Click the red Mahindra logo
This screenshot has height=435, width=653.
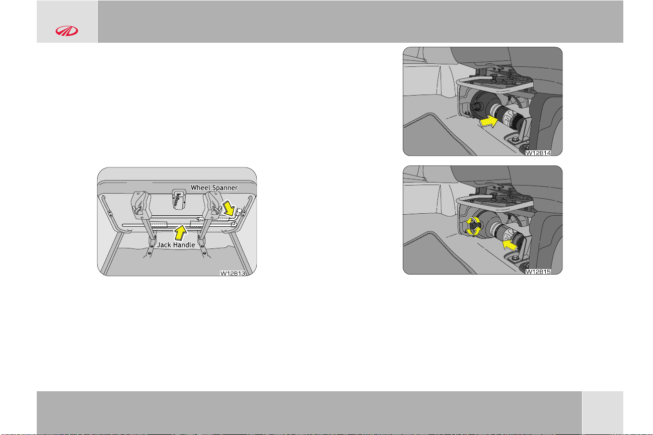click(67, 31)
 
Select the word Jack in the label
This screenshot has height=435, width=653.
click(164, 245)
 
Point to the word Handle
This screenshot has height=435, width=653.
click(184, 245)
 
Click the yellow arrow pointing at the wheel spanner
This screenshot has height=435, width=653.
click(229, 208)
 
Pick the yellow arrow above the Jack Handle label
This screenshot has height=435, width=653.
click(180, 233)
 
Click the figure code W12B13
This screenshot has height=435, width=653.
click(233, 273)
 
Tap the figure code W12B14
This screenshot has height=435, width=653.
click(538, 153)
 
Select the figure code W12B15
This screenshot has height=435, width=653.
click(538, 272)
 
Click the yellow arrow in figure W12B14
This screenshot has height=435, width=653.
click(488, 121)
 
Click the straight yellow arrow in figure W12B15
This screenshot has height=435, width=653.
click(510, 244)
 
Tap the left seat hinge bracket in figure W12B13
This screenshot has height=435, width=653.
click(141, 205)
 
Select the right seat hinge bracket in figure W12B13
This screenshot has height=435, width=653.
click(213, 205)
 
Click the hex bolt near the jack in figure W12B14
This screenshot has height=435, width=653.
click(515, 139)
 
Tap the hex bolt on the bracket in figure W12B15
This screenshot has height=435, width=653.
click(515, 258)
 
